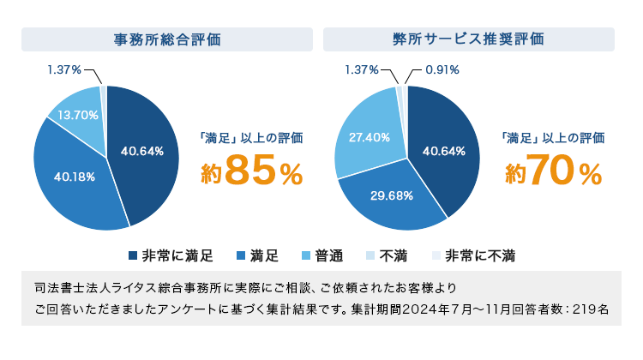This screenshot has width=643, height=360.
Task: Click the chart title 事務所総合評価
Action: click(x=167, y=39)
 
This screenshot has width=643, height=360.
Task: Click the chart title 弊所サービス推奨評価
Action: click(x=468, y=39)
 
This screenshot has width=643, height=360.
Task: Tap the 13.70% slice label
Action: click(x=78, y=115)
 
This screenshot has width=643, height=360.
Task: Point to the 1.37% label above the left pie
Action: click(x=64, y=69)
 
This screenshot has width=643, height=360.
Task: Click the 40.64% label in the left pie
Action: click(x=142, y=152)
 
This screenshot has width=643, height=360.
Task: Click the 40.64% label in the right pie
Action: click(x=444, y=152)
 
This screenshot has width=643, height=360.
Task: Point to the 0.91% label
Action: click(x=442, y=69)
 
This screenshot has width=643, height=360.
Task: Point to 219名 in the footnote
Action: click(x=592, y=309)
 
